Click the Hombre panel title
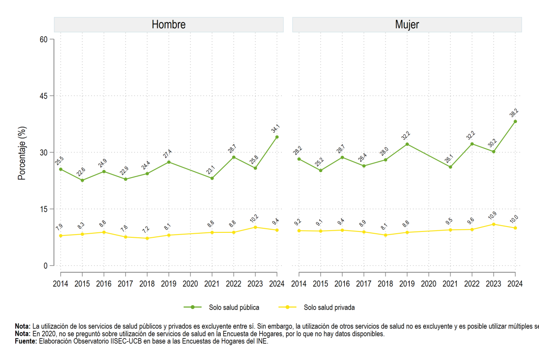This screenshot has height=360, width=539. tap(169, 25)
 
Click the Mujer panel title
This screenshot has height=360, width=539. tap(407, 25)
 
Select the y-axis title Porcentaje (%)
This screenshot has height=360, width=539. tap(22, 153)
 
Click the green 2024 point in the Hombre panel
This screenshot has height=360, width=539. tap(277, 137)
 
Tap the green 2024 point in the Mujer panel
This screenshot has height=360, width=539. tap(515, 122)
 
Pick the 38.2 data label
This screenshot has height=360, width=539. tap(514, 113)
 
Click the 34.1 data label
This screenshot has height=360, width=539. tap(275, 129)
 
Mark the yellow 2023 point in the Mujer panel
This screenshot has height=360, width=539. tap(494, 224)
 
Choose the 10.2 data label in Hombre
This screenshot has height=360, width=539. tap(254, 218)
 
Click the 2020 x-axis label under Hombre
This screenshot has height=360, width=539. tap(190, 284)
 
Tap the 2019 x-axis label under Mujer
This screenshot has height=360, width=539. tap(407, 284)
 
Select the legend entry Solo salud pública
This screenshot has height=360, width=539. tap(221, 307)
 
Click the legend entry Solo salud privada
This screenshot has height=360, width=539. tap(316, 307)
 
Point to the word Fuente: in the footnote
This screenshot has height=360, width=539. tap(26, 341)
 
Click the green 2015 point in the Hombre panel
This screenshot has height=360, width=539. tap(82, 180)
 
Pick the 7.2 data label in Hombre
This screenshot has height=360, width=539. tap(146, 230)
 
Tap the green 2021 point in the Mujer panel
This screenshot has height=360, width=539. tap(451, 167)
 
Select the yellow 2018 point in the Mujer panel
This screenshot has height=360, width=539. tap(385, 235)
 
